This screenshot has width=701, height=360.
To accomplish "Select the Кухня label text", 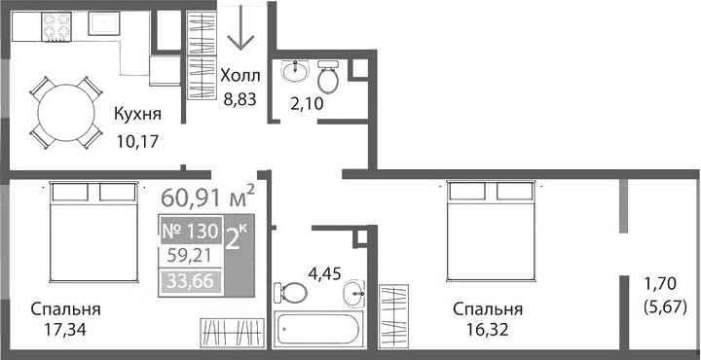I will [137, 115].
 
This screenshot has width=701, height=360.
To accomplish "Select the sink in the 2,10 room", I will [293, 72].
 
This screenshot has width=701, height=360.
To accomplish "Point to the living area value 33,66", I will [189, 283].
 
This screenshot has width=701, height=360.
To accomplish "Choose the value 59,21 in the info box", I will [189, 259].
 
